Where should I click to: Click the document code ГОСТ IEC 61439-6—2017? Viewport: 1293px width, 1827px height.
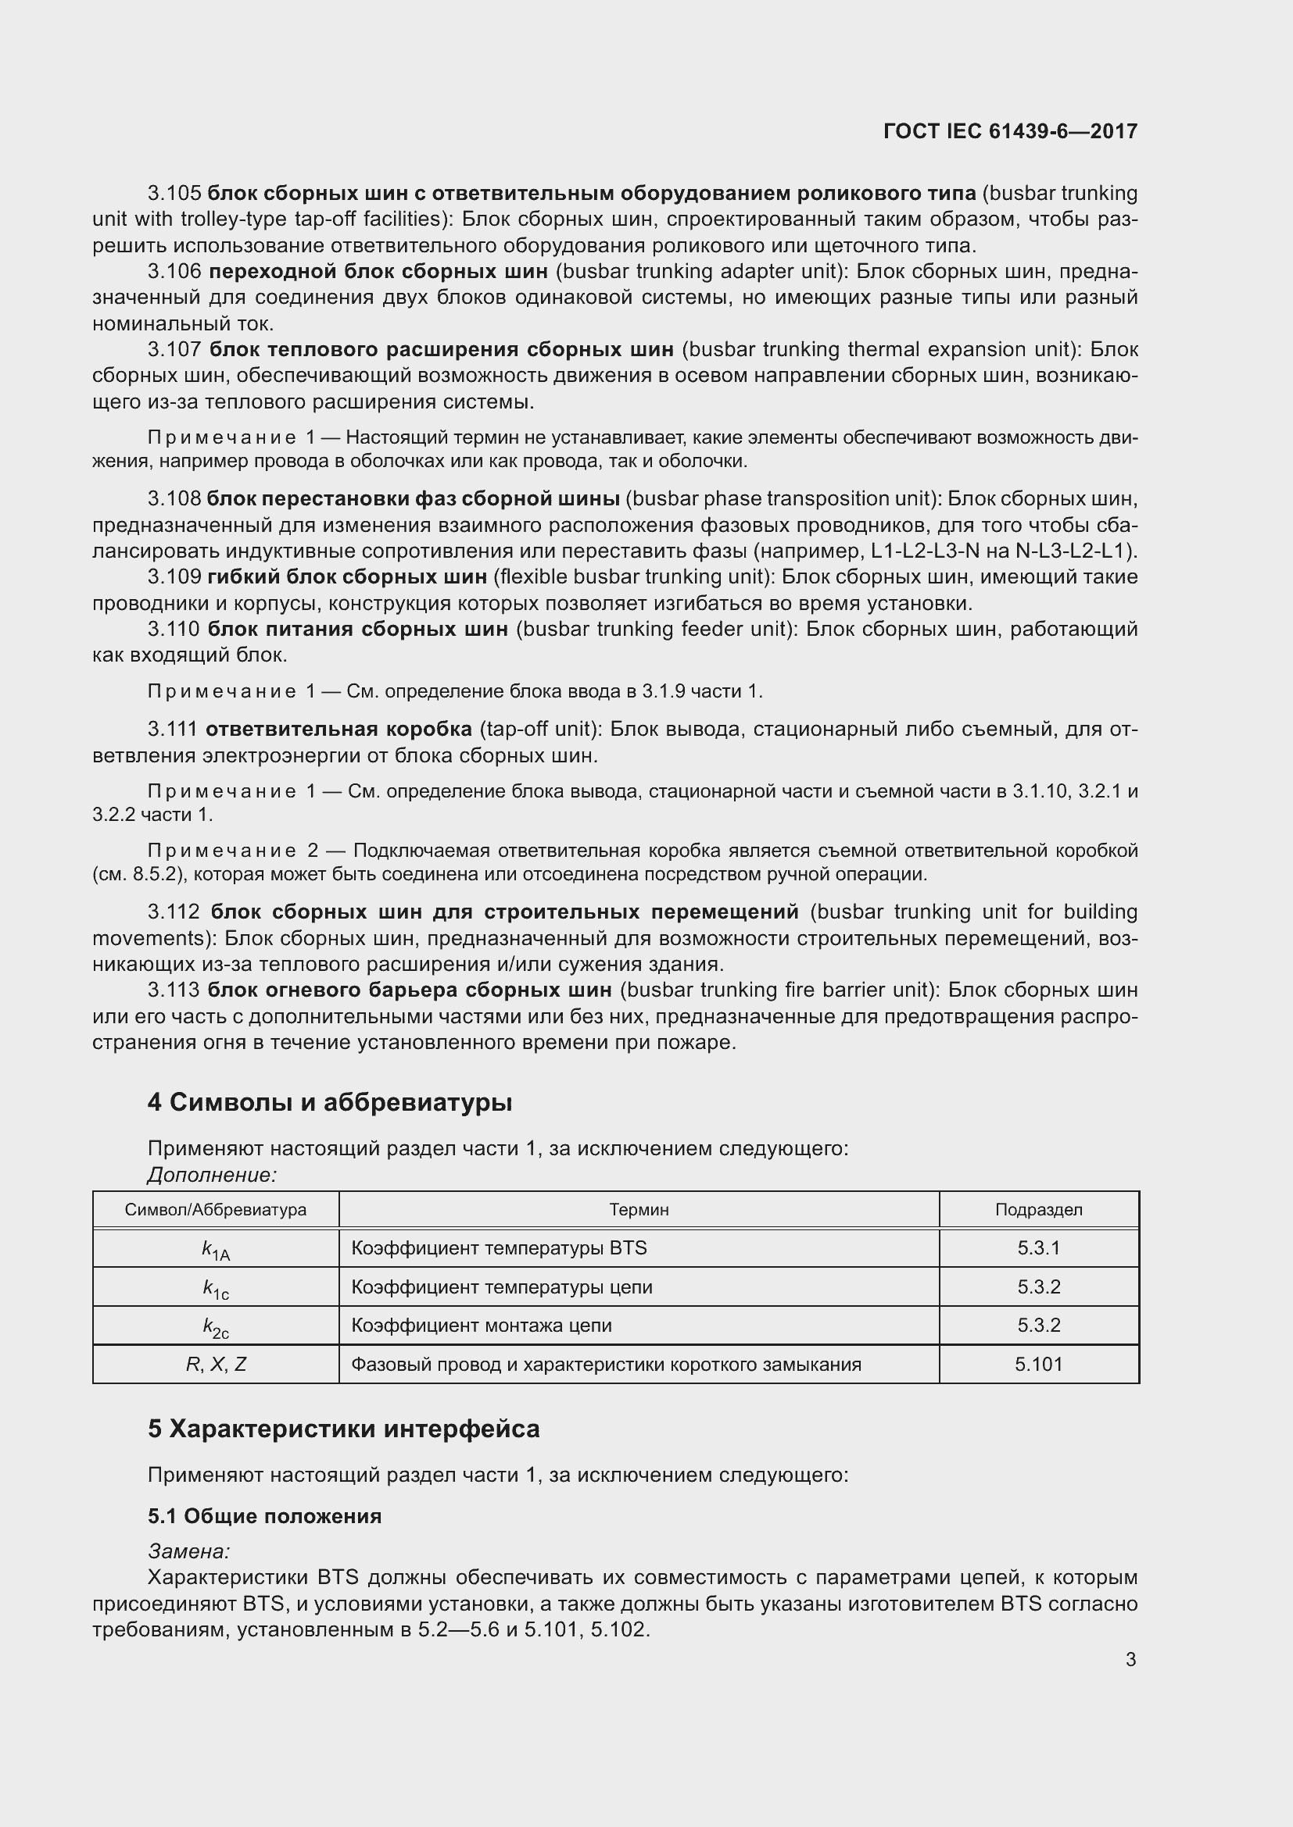click(1009, 131)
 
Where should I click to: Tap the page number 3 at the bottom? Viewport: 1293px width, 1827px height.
click(1130, 1659)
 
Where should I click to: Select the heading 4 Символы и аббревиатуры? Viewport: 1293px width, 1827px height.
click(330, 1102)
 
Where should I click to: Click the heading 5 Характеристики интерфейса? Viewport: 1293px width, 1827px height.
click(343, 1429)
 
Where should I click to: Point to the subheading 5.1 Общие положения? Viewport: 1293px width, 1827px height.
click(264, 1516)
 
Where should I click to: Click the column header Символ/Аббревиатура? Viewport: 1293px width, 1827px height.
click(215, 1209)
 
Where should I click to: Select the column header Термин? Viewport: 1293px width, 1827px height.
click(639, 1209)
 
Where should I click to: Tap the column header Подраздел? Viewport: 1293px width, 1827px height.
click(1038, 1209)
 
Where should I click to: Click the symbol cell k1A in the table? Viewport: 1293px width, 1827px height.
click(215, 1249)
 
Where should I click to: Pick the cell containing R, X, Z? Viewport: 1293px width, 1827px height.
click(216, 1364)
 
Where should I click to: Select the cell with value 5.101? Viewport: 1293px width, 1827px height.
click(1038, 1364)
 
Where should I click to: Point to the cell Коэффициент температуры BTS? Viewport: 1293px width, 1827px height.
click(499, 1247)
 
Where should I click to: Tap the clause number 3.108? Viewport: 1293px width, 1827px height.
click(174, 499)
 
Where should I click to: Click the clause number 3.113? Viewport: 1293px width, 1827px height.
click(174, 990)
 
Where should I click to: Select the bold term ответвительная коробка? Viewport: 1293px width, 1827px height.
click(338, 729)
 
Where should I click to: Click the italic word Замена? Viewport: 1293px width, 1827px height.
click(188, 1551)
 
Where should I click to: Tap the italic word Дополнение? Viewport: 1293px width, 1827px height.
click(212, 1175)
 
